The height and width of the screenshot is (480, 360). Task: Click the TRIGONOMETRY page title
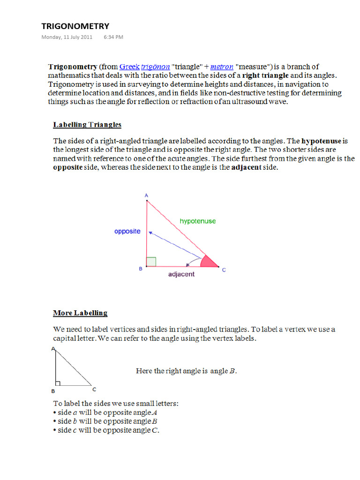pyautogui.click(x=75, y=26)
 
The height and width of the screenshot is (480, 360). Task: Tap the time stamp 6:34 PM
pyautogui.click(x=113, y=37)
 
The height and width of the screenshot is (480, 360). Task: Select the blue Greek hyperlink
pyautogui.click(x=129, y=67)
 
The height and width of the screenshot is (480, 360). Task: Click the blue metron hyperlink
pyautogui.click(x=222, y=67)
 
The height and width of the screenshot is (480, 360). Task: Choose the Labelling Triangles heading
pyautogui.click(x=87, y=125)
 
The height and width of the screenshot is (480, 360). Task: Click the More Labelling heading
pyautogui.click(x=80, y=313)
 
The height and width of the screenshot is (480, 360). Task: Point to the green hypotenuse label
pyautogui.click(x=198, y=221)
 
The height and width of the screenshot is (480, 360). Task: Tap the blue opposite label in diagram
pyautogui.click(x=127, y=232)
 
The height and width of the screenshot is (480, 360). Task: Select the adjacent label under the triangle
pyautogui.click(x=181, y=274)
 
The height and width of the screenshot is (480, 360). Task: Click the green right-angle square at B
pyautogui.click(x=151, y=262)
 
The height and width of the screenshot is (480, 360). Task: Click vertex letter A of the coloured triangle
pyautogui.click(x=146, y=195)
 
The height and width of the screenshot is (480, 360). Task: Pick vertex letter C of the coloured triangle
pyautogui.click(x=224, y=270)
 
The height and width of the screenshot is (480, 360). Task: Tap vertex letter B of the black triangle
pyautogui.click(x=53, y=391)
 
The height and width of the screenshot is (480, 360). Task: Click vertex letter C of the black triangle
pyautogui.click(x=94, y=389)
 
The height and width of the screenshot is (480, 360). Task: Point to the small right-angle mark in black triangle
pyautogui.click(x=57, y=383)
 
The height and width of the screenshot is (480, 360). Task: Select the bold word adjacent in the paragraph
pyautogui.click(x=246, y=167)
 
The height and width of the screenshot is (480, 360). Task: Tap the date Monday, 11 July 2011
pyautogui.click(x=67, y=37)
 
